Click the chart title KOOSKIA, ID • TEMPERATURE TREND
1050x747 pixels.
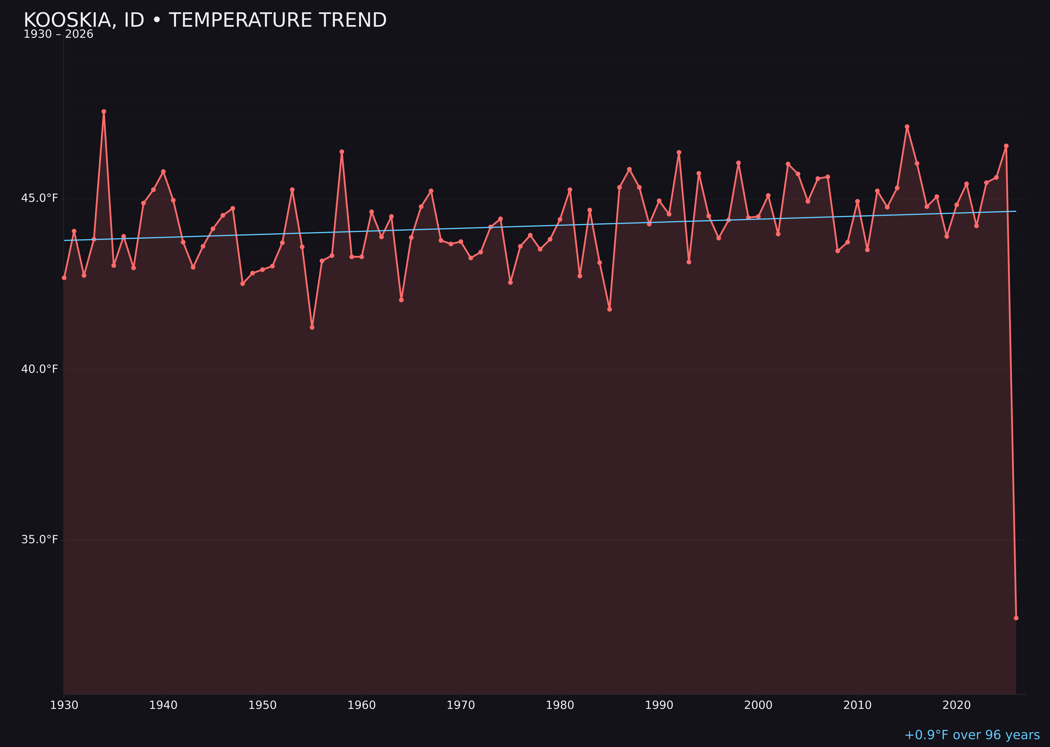205,20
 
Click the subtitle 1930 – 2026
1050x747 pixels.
58,34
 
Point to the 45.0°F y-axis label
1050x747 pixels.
40,198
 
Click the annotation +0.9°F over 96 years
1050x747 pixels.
972,735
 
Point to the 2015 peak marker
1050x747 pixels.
907,127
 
